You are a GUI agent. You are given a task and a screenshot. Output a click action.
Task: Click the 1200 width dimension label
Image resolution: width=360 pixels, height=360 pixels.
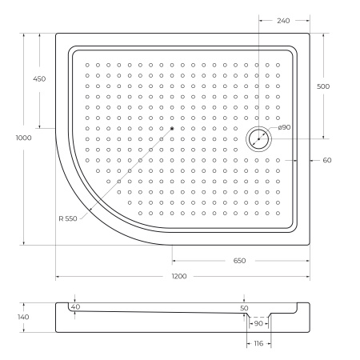179,276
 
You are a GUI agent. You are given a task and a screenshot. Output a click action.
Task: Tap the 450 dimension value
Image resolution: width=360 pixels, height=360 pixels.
39,78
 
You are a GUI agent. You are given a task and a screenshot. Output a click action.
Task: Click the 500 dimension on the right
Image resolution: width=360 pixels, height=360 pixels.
323,86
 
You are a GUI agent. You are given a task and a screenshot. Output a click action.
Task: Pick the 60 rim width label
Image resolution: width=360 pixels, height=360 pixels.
327,160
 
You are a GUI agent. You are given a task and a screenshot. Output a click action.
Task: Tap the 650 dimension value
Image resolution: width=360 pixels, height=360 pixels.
239,261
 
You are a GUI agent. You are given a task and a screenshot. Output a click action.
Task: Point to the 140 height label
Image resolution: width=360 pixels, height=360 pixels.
23,318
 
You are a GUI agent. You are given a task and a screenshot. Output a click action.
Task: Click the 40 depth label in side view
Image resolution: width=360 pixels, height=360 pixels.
75,306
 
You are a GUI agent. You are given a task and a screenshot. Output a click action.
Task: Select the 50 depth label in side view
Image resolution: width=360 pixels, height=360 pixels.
244,307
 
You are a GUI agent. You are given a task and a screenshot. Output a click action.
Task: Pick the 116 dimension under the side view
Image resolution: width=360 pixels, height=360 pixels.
258,343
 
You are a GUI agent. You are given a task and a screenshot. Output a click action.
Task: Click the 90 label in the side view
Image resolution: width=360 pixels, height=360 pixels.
258,324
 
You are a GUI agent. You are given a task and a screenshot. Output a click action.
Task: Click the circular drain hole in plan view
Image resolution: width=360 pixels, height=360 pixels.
260,138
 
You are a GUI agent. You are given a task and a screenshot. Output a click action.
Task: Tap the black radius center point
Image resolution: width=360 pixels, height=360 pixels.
172,129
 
